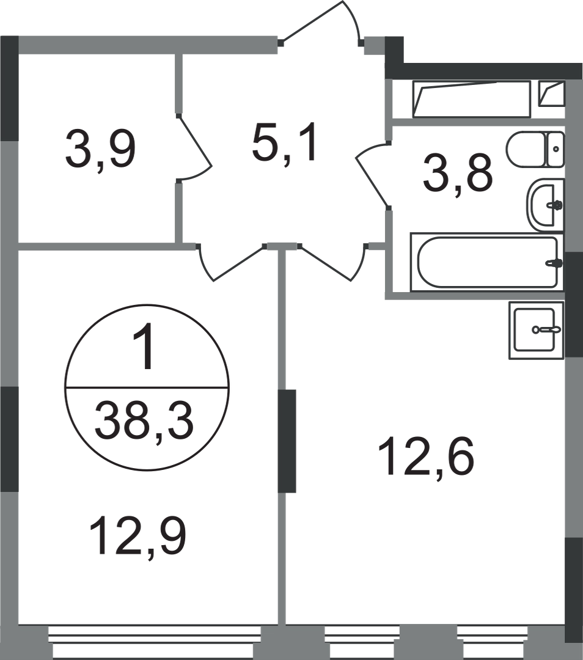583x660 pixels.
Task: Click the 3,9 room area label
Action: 100,149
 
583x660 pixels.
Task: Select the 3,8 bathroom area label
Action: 458,172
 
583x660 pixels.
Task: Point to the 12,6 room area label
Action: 426,457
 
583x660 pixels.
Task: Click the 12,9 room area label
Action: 137,537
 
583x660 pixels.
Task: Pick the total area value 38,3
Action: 144,420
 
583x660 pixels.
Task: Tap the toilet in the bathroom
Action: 535,150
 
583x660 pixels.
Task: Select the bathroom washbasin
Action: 545,205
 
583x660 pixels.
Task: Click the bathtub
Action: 486,262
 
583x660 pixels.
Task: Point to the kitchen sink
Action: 536,330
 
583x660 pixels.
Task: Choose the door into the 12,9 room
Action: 230,262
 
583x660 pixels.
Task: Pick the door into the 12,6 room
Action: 333,262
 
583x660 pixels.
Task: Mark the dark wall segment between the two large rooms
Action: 287,441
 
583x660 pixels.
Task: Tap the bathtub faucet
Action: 554,263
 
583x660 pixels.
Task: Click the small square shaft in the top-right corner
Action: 551,94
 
